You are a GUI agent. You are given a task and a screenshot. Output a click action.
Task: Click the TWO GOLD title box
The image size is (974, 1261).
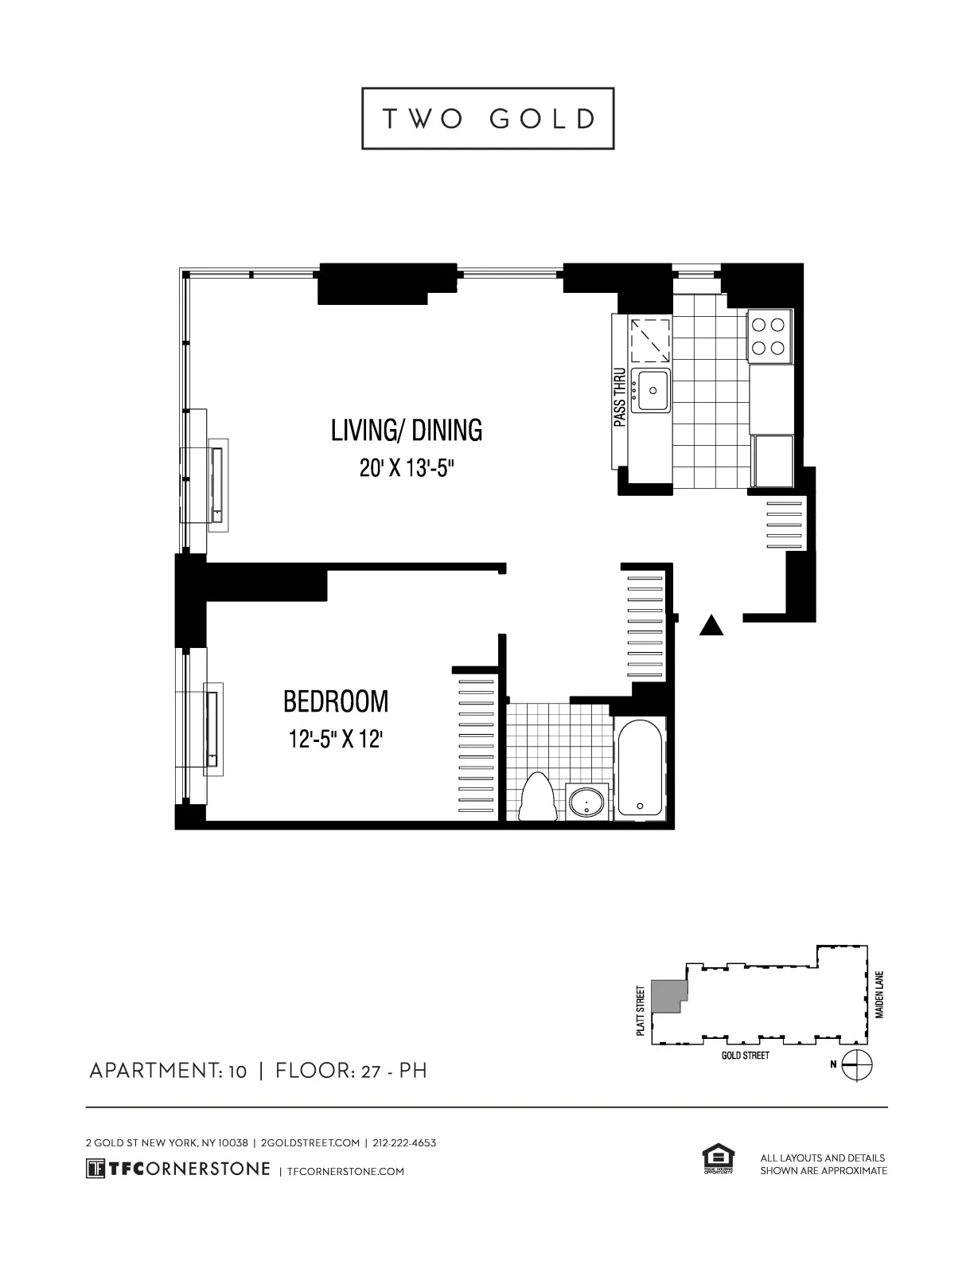(488, 119)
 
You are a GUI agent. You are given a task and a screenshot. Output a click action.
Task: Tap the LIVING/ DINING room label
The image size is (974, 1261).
(407, 431)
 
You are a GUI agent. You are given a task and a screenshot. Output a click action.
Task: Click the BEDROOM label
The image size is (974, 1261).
(336, 702)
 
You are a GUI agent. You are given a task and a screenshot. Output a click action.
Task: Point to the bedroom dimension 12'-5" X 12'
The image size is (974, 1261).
(336, 740)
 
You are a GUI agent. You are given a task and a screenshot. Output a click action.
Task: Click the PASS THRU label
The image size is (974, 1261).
(620, 397)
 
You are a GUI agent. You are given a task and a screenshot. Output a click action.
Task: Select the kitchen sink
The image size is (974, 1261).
(652, 390)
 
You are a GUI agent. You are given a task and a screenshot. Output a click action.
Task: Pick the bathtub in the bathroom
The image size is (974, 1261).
(640, 769)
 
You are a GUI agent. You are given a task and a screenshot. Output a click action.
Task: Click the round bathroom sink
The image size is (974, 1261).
(587, 802)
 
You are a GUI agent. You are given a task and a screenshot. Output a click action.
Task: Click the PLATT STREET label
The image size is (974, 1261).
(641, 1011)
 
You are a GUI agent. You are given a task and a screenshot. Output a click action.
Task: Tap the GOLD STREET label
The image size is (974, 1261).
(745, 1056)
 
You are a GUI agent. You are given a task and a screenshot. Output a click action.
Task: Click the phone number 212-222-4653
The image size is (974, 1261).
(404, 1143)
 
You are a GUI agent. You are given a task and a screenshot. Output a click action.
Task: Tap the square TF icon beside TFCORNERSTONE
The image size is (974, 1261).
(95, 1169)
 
